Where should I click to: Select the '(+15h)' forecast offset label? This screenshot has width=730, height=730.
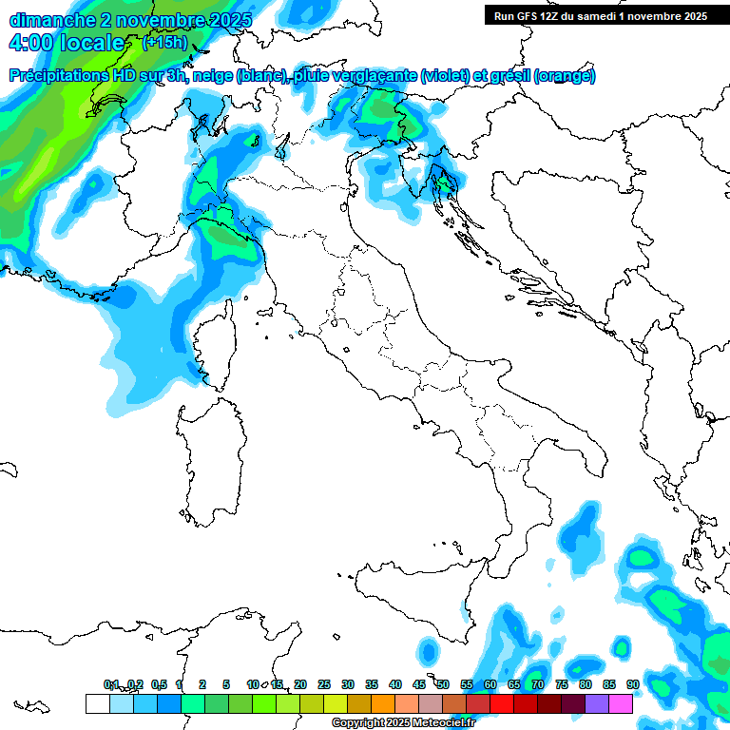[x=164, y=43]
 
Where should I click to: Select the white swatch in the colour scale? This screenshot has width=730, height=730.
[x=97, y=703]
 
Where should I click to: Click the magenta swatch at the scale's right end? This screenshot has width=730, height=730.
[x=621, y=703]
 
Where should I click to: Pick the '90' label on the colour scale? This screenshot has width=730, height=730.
[x=632, y=684]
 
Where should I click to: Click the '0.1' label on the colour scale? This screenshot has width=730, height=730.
[x=111, y=684]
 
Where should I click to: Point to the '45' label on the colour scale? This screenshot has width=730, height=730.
[x=419, y=684]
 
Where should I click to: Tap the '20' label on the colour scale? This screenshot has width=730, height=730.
[x=300, y=684]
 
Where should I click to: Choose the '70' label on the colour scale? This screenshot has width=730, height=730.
[x=538, y=684]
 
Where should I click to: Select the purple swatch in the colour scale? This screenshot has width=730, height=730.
[x=597, y=703]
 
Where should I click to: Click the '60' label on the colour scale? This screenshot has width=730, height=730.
[x=490, y=684]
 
